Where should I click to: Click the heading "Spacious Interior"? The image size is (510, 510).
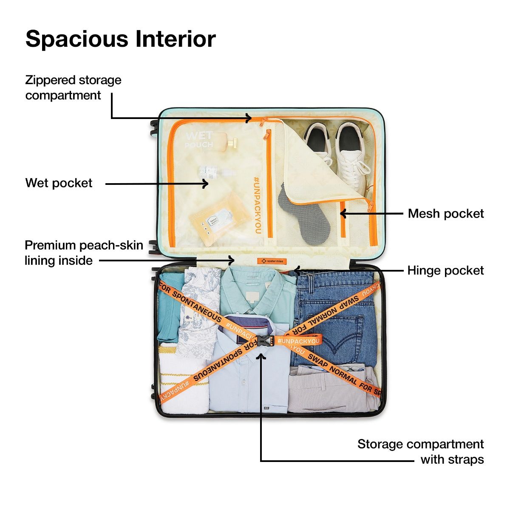121,39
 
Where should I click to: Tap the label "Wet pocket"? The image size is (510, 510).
59,183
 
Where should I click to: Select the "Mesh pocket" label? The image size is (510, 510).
445,213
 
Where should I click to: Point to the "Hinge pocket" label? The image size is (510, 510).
445,271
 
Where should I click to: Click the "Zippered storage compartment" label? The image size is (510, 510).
73,88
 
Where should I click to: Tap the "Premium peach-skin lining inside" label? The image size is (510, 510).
83,252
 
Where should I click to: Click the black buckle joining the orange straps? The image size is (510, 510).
264,341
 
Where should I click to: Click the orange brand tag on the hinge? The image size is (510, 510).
272,261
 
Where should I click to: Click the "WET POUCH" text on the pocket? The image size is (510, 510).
199,140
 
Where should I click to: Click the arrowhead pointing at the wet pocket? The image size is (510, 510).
205,184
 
